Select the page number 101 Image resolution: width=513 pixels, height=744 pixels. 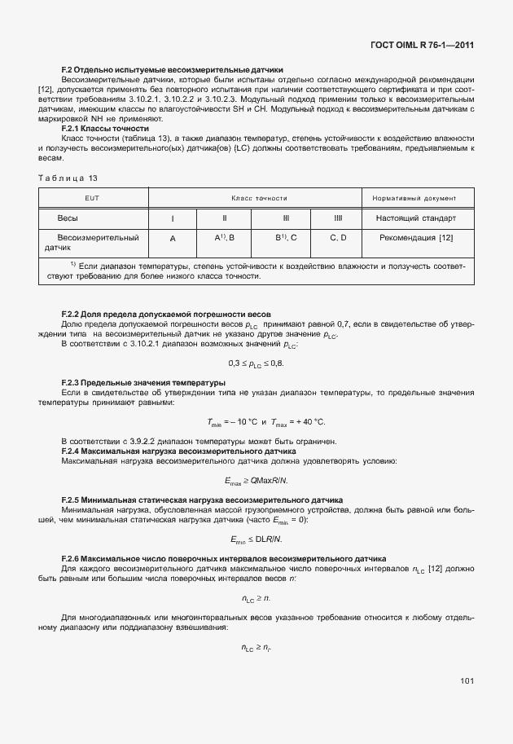(x=467, y=680)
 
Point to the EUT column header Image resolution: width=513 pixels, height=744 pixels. (x=92, y=198)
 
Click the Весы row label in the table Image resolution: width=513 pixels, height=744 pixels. (x=68, y=218)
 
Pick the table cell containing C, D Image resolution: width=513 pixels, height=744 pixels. (x=338, y=237)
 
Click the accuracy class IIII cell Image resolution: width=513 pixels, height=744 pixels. (x=338, y=218)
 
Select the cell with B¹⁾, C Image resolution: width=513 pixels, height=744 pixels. (x=286, y=237)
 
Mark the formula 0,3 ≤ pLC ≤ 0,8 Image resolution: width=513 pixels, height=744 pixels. (x=256, y=363)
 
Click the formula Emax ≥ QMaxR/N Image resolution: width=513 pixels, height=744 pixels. (x=256, y=480)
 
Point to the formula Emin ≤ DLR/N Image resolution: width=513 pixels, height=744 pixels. (x=256, y=539)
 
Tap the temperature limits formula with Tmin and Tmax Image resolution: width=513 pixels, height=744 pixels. (x=256, y=421)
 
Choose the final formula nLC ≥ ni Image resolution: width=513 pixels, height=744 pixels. (x=256, y=648)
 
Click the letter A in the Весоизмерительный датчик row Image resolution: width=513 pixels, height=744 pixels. (x=173, y=237)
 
